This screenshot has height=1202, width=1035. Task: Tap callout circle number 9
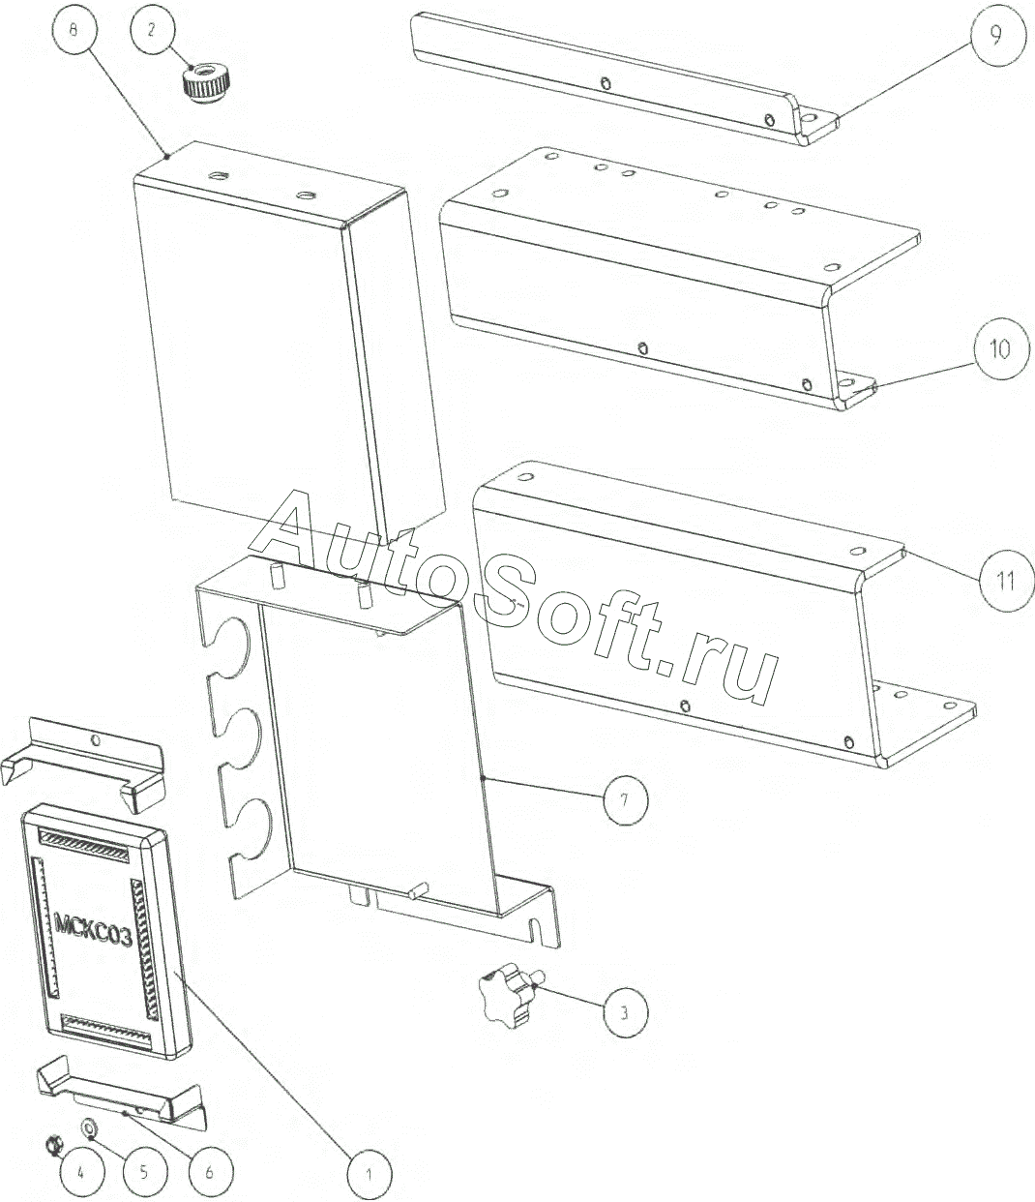pos(995,36)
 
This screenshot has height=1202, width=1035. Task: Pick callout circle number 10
pos(1000,350)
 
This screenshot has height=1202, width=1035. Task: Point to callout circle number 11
pos(1006,582)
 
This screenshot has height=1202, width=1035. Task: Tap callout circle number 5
pos(145,1170)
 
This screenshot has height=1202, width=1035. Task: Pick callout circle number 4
pos(81,1172)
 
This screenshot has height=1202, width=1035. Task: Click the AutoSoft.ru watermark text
pos(515,599)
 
